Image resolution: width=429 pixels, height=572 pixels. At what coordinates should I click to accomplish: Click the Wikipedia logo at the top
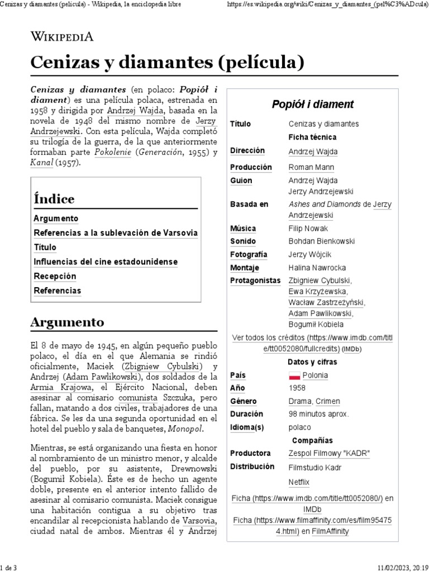(x=61, y=37)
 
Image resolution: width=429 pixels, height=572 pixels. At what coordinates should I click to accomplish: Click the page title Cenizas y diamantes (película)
(x=168, y=63)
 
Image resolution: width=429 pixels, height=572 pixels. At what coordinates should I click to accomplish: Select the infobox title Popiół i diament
(x=312, y=104)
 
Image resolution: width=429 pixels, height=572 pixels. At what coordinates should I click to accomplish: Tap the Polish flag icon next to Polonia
(x=294, y=375)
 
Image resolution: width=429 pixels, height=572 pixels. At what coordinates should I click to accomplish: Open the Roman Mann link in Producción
(x=311, y=167)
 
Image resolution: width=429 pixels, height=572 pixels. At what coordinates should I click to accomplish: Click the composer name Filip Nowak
(x=308, y=228)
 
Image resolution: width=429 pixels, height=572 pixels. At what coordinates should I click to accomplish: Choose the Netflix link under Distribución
(x=299, y=482)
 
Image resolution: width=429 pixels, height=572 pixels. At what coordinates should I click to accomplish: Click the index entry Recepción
(x=55, y=277)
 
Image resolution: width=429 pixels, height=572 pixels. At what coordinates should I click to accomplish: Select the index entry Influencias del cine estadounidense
(x=106, y=262)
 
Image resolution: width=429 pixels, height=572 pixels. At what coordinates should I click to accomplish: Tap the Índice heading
(x=54, y=199)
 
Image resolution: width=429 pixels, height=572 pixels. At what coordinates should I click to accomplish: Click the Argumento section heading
(x=67, y=322)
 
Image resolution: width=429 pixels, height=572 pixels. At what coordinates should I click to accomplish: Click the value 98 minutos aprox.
(x=318, y=414)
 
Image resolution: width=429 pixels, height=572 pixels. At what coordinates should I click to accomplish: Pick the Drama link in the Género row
(x=300, y=401)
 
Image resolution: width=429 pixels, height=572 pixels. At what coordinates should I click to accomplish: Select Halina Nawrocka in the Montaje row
(x=317, y=268)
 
